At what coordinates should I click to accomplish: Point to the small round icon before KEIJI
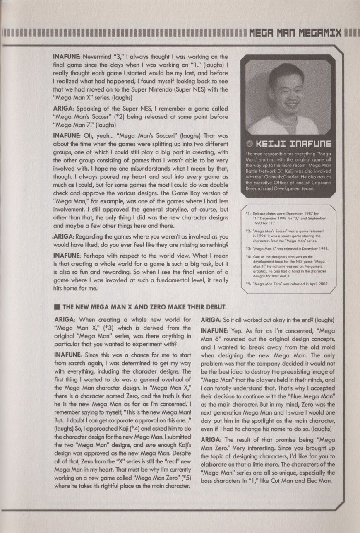coord(250,144)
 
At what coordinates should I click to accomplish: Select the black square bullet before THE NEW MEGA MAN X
coord(57,307)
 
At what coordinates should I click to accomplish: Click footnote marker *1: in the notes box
coord(248,214)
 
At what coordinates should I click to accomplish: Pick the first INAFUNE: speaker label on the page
coord(67,57)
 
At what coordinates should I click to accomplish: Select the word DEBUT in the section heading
coord(213,307)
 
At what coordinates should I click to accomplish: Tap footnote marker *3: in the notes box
coord(248,248)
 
